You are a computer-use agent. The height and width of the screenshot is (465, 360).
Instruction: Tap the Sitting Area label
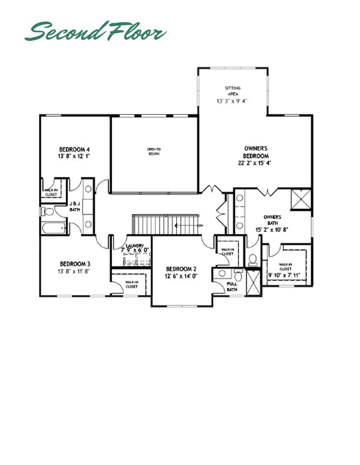tap(232, 91)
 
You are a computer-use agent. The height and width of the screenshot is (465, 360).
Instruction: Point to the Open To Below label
tap(154, 152)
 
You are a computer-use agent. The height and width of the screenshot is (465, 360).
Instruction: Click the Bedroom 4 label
tap(74, 149)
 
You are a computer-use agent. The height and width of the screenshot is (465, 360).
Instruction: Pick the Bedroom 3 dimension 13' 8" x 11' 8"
tap(74, 271)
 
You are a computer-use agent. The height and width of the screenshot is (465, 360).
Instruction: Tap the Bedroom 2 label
tap(180, 269)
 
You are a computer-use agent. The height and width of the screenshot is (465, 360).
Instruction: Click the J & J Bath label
tap(74, 206)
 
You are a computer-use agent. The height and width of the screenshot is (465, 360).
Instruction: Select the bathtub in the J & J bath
tap(53, 228)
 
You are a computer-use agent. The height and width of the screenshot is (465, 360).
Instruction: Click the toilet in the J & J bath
tap(47, 212)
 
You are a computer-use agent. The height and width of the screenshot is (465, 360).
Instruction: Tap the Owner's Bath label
tap(272, 219)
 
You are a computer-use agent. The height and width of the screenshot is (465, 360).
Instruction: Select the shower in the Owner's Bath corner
tap(303, 199)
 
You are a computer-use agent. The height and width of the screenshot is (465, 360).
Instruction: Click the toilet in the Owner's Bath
tap(253, 259)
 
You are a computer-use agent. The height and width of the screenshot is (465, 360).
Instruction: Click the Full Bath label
tap(232, 287)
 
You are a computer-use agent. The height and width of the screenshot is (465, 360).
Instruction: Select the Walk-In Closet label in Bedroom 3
tap(131, 284)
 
